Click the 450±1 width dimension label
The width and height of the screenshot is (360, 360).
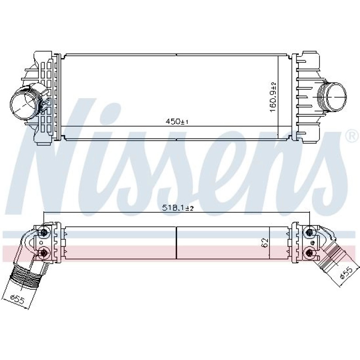[177, 122]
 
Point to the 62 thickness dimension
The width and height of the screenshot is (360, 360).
[265, 243]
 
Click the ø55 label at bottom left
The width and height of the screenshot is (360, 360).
[17, 298]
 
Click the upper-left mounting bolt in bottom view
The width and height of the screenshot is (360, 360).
[43, 233]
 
